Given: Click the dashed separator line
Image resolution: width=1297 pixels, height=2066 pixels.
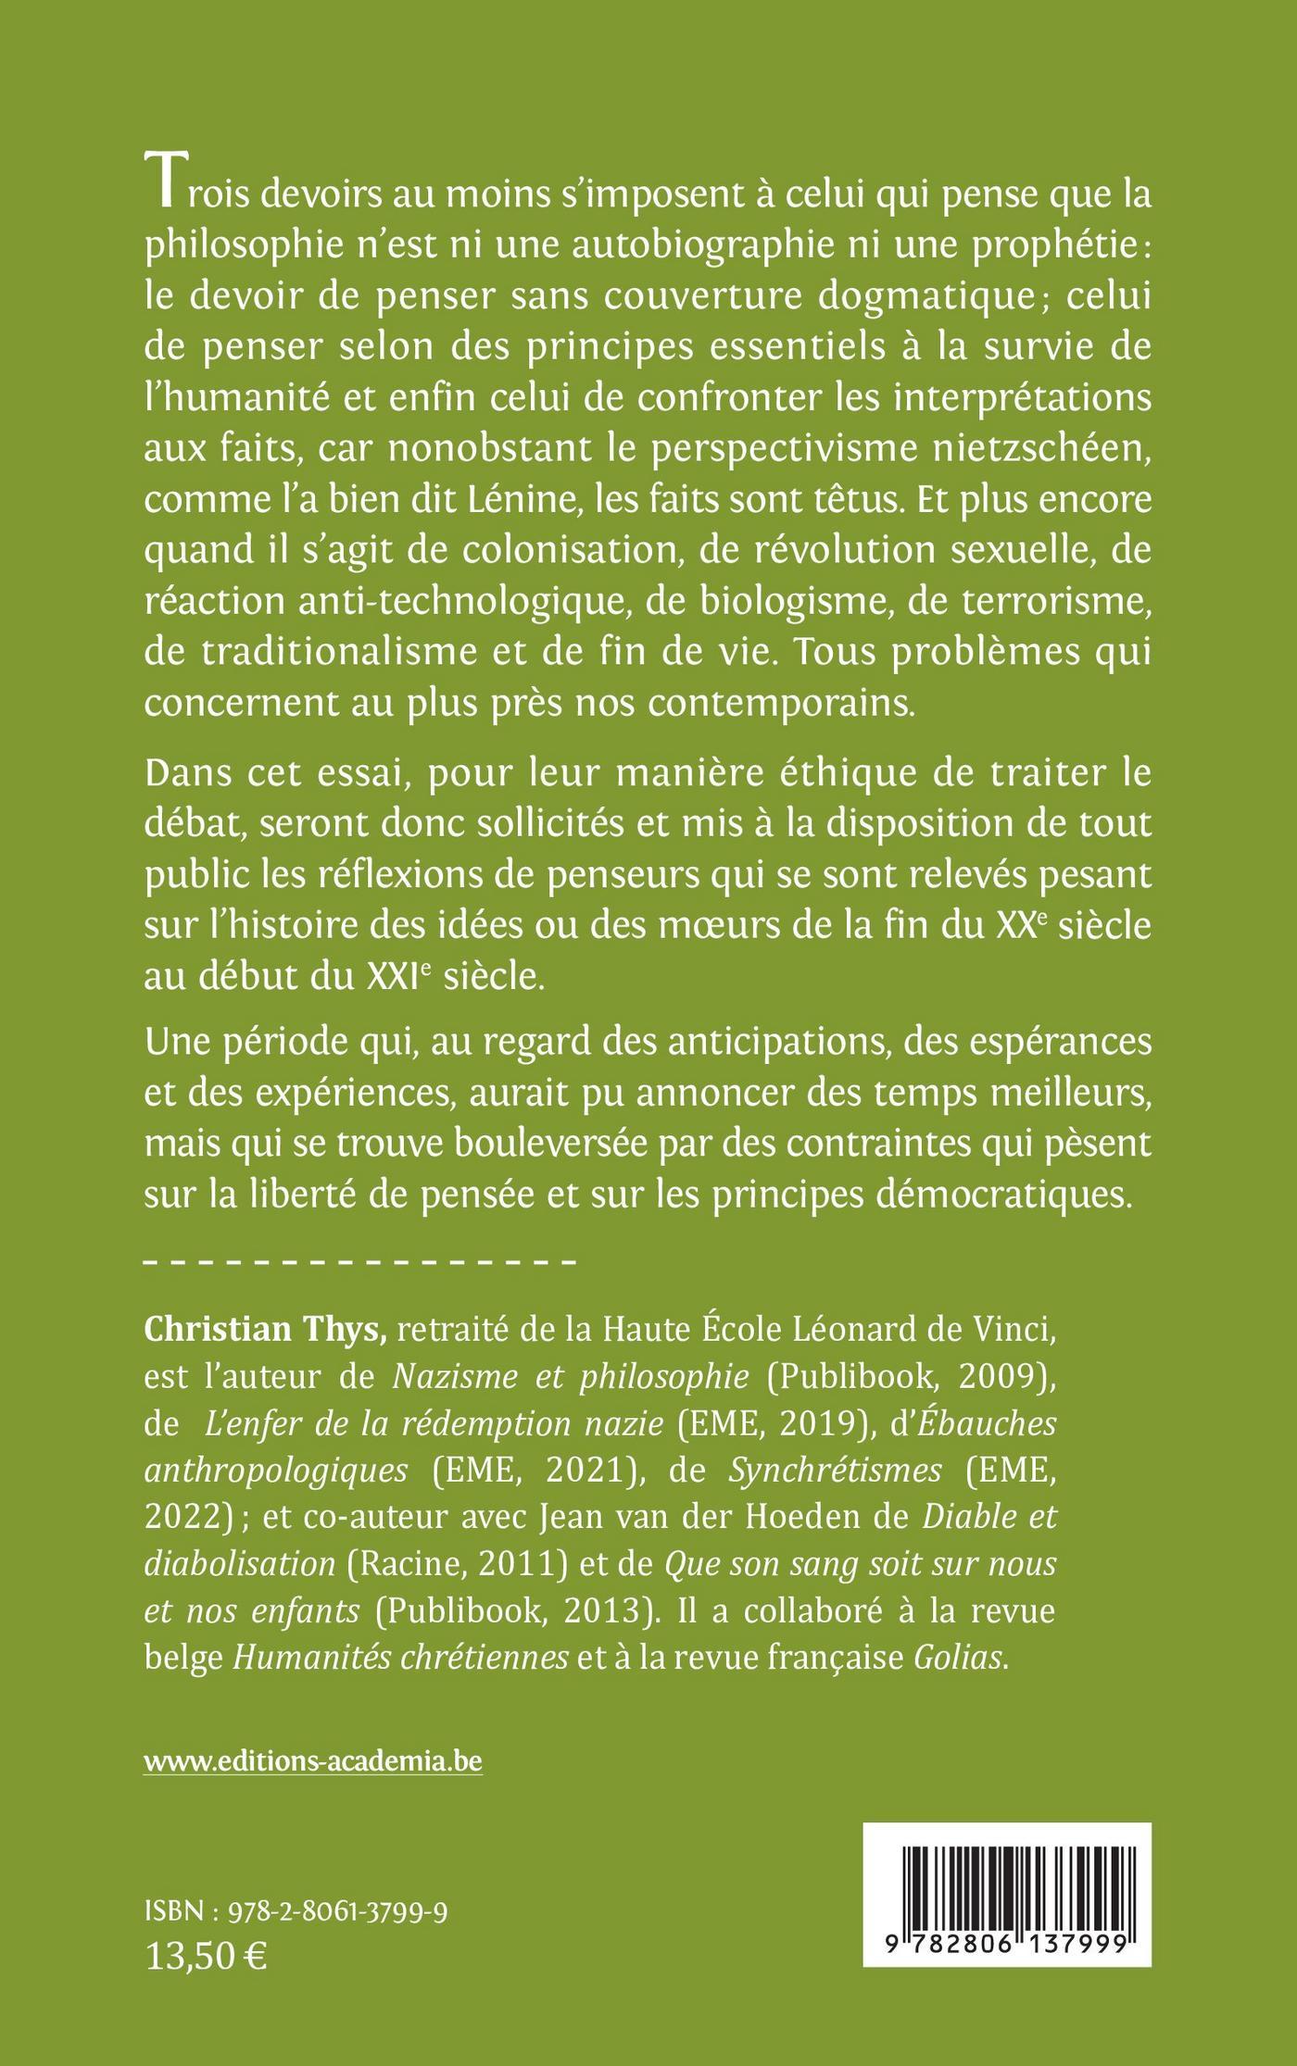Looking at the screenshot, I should coord(360,1261).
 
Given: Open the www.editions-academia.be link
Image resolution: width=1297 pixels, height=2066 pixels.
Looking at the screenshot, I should coord(313,1761).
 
